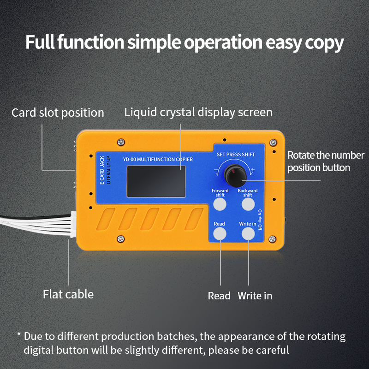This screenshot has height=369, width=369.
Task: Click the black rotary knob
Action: (x=233, y=175)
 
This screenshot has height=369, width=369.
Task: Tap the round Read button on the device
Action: (x=220, y=234)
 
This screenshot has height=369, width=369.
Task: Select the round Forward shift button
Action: (x=220, y=204)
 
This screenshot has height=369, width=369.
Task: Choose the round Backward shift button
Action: (x=248, y=204)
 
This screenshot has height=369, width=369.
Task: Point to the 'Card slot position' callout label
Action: (x=58, y=113)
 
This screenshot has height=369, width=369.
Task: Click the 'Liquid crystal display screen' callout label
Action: (x=198, y=112)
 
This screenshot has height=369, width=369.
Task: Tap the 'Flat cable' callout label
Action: (x=68, y=294)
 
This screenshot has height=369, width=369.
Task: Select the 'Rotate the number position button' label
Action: (x=326, y=161)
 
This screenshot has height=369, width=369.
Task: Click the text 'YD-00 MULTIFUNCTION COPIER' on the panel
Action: (x=158, y=160)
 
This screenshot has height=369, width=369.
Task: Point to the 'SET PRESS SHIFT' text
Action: (x=235, y=155)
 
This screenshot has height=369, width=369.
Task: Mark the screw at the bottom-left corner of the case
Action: (x=121, y=238)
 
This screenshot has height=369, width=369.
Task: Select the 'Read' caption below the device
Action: (x=219, y=296)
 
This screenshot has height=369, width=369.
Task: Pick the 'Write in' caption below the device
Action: (x=255, y=296)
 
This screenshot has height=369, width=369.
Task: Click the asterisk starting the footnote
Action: (x=19, y=335)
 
